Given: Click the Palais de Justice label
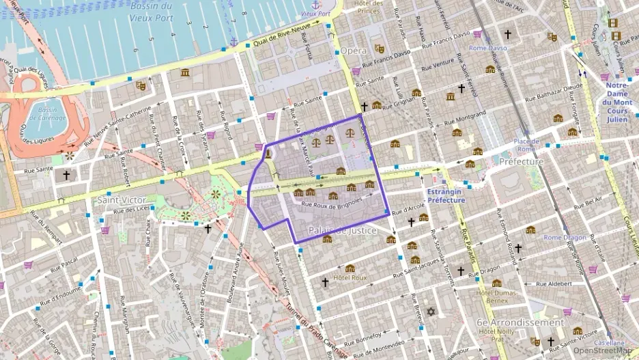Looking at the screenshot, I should (343, 230).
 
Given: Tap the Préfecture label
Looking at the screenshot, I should (521, 162).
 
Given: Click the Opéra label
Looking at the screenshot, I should (354, 51).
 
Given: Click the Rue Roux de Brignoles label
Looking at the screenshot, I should (331, 204).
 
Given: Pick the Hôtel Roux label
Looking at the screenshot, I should (350, 278).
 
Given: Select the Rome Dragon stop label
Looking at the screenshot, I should (565, 238).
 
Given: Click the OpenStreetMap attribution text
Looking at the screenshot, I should (604, 350).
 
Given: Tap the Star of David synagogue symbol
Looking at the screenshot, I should (430, 311).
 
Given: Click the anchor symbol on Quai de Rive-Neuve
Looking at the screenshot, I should (233, 42).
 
